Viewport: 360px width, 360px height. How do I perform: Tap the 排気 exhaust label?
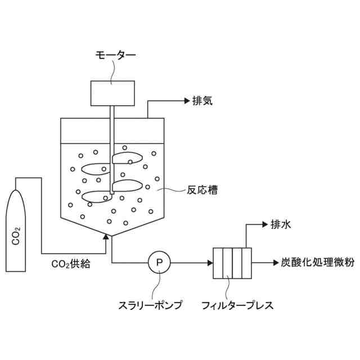[x=202, y=101]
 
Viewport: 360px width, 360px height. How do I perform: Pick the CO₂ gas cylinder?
[x=16, y=230]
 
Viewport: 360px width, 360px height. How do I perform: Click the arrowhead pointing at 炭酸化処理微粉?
[x=271, y=262]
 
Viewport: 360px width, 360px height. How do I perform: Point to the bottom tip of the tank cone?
[x=112, y=236]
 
